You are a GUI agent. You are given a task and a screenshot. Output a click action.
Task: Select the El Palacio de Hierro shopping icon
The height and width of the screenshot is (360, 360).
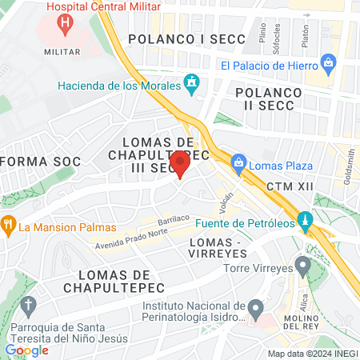coord(327,62)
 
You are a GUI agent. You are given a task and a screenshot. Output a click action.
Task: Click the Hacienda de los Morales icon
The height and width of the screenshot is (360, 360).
coord(191,82)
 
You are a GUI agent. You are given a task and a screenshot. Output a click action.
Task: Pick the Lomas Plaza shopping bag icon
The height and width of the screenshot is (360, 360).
coord(238,163)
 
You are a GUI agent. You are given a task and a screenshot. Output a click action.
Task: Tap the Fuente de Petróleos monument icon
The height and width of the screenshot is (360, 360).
coord(304,219)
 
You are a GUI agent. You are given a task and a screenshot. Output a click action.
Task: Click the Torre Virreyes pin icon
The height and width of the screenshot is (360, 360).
coord(302,264)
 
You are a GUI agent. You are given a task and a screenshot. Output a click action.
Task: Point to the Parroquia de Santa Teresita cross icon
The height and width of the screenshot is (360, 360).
coord(28,306)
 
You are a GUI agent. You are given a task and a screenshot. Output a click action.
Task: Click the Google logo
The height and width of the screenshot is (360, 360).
coord(26,350)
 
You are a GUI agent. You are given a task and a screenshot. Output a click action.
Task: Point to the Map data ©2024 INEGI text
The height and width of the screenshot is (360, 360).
coord(313,354)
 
